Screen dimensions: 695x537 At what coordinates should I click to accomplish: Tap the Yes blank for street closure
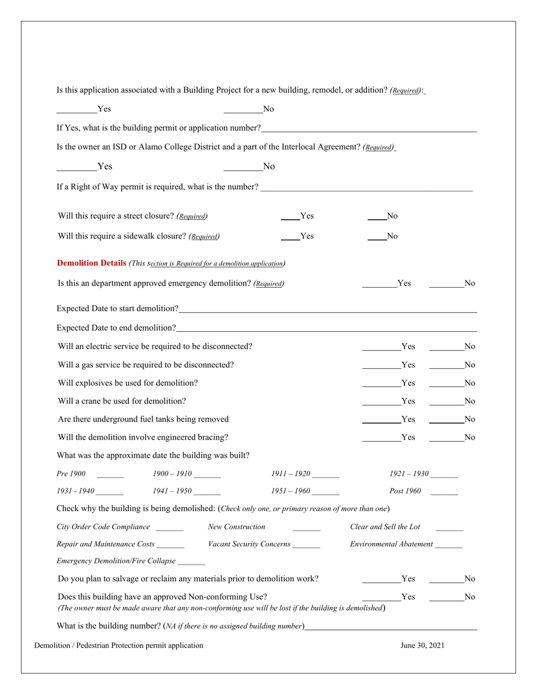290,216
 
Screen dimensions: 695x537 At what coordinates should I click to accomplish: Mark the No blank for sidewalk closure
376,237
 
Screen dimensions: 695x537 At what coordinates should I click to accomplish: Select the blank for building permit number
369,128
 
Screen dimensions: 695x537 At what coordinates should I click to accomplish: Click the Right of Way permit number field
366,188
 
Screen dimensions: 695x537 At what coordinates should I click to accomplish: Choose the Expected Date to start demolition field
327,309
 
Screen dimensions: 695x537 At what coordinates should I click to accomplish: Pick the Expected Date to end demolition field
326,328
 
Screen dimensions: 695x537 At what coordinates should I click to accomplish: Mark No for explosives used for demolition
446,383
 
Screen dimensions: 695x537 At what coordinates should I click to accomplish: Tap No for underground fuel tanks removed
446,420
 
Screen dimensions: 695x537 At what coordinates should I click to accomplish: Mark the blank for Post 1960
444,492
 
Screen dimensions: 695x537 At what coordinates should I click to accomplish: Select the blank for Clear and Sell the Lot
449,528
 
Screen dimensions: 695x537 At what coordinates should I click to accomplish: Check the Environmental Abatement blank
449,545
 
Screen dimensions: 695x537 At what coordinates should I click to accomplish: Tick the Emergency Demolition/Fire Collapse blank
191,562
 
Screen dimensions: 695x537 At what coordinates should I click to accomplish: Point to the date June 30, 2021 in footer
422,646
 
